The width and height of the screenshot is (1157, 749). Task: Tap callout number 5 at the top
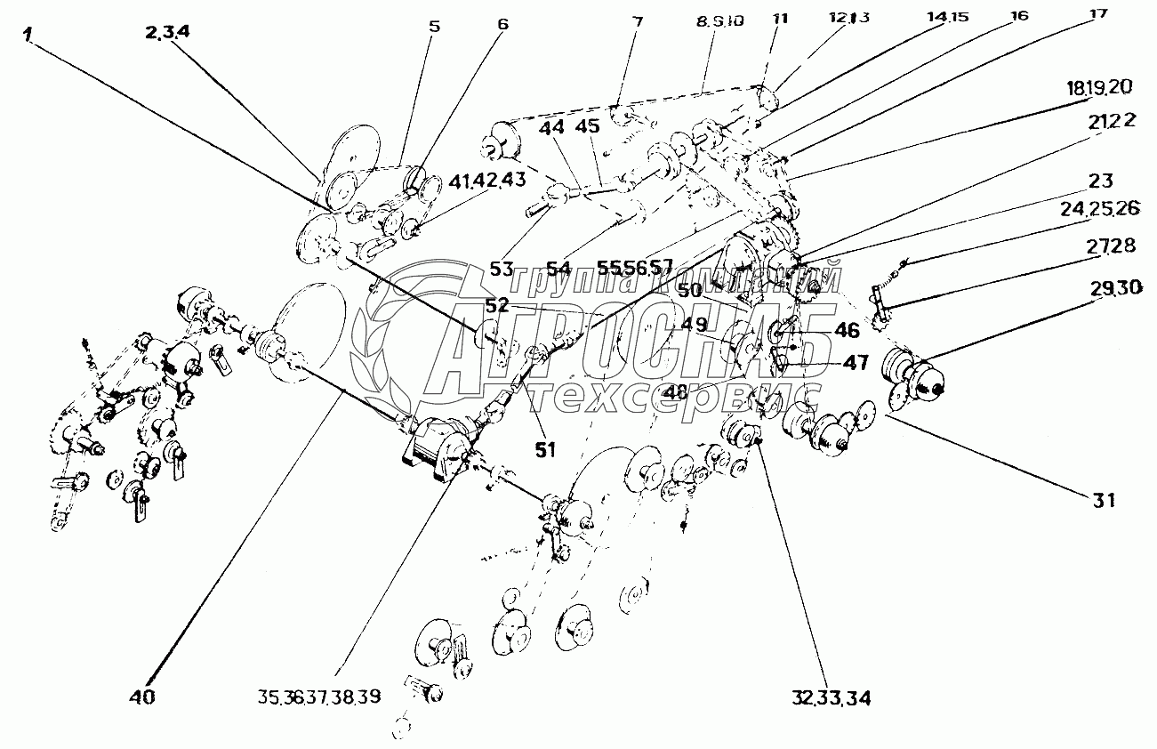pos(434,27)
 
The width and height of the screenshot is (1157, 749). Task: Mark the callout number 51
pos(544,449)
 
